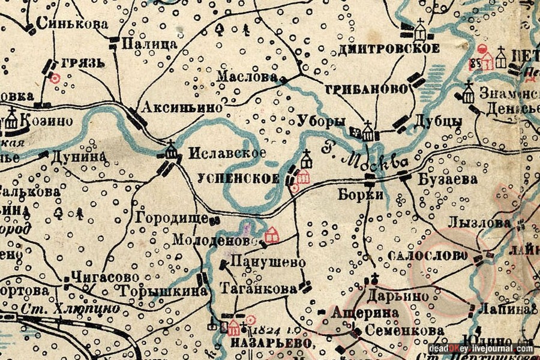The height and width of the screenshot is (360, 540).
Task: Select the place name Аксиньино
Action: (x=182, y=107)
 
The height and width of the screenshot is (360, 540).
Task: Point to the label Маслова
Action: (x=247, y=77)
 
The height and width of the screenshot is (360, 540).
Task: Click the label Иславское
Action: (x=226, y=153)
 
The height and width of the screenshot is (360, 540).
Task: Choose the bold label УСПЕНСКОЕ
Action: (x=238, y=178)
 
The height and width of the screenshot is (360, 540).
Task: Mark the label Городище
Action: (x=171, y=218)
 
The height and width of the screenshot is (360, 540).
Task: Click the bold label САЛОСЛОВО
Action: (x=428, y=255)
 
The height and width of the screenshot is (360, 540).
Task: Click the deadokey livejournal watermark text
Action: (x=481, y=349)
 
